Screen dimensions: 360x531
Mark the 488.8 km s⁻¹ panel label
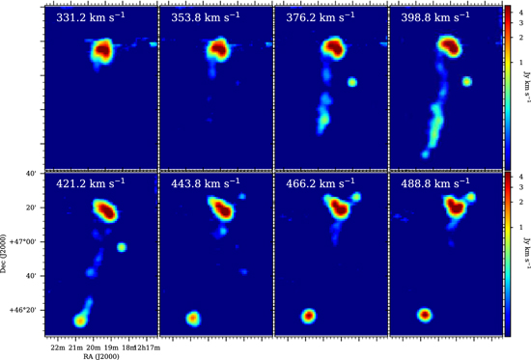[439, 183]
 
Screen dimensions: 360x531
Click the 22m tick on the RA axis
[58, 346]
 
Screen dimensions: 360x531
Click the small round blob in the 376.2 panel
[352, 83]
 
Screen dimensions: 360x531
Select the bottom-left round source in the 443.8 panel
[193, 317]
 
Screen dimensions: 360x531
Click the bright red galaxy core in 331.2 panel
[103, 50]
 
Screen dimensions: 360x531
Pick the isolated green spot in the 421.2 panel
[122, 247]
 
